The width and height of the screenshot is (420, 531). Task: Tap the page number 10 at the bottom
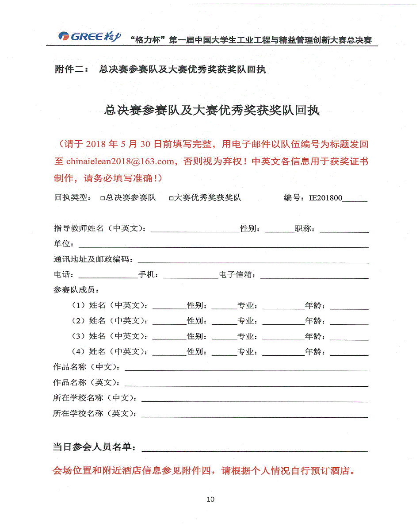210,500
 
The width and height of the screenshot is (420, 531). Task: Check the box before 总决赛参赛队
103,199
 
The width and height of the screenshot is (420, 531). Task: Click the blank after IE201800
355,199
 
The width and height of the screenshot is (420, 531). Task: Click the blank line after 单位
223,244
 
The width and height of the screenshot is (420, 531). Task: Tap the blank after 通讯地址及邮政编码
253,260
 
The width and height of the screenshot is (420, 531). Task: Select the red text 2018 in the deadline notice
97,144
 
